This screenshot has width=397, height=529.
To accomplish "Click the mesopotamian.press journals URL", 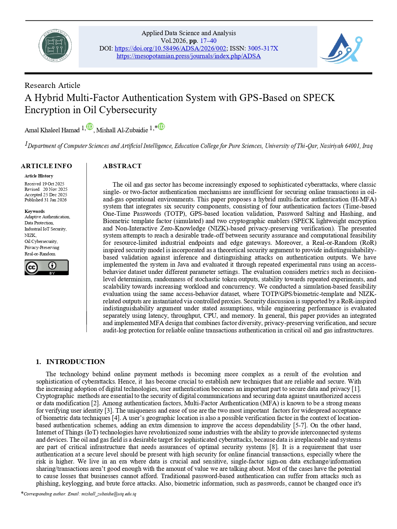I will [189, 56].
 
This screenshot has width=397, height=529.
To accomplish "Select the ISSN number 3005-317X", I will [263, 49].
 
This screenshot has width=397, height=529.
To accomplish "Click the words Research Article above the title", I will [52, 85].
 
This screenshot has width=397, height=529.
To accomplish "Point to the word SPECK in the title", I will [319, 98].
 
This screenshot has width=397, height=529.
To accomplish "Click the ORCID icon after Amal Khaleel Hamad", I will [90, 127].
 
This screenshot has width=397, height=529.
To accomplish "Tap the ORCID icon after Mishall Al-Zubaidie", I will [161, 127].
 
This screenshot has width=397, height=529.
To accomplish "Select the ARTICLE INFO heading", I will [46, 166].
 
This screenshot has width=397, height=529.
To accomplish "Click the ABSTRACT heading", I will [122, 166].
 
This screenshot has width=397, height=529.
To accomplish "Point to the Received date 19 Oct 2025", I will [53, 184].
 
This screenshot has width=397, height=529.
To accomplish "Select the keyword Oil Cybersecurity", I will [41, 241].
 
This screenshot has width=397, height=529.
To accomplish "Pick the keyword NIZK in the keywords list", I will [30, 235].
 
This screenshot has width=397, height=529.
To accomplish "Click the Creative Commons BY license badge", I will [46, 268].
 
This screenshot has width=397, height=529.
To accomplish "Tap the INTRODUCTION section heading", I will [75, 362].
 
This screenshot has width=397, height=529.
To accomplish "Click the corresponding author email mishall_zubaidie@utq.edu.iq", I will [109, 494].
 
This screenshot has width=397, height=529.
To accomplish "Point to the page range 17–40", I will [208, 41].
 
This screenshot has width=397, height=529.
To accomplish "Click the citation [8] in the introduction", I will [274, 447].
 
